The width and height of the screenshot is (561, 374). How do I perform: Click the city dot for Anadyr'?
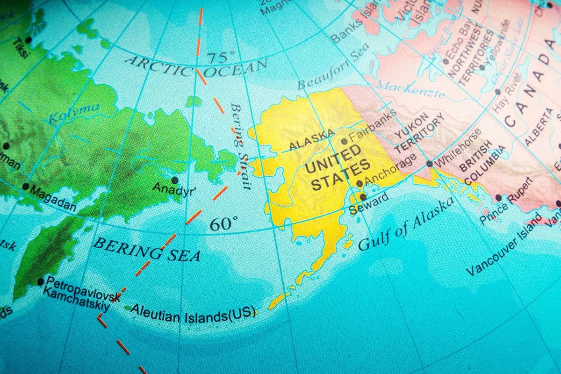(x=175, y=180)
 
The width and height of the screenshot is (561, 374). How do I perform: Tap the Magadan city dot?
(x=26, y=187)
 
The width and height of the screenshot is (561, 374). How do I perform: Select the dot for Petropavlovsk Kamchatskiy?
(x=41, y=281)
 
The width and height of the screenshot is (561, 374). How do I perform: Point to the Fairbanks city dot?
(x=345, y=141)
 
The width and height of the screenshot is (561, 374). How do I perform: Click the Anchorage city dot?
(x=360, y=184)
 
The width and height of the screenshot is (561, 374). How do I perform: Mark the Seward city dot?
(x=363, y=197)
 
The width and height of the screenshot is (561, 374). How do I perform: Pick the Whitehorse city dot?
(x=429, y=164)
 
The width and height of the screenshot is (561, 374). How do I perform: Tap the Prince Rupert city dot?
(x=498, y=198)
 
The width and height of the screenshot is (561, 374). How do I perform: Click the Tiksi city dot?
(x=29, y=40)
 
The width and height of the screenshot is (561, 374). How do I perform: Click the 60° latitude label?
(x=223, y=224)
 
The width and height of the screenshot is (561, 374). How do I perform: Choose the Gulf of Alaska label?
(x=406, y=223)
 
